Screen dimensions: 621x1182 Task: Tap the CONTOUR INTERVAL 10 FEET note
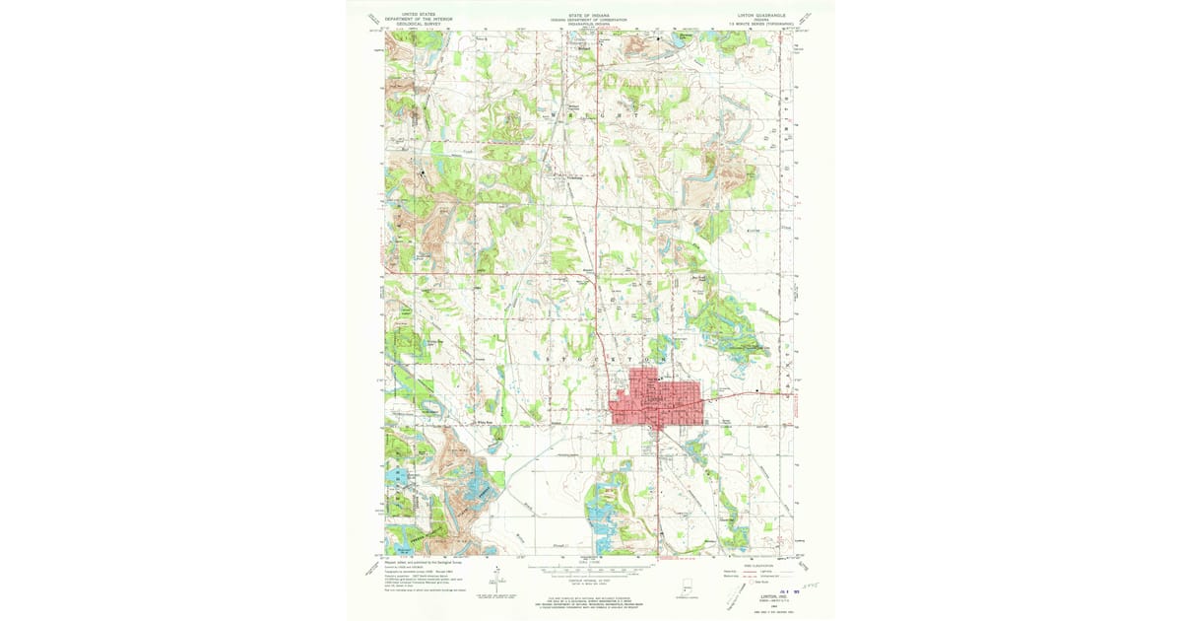pos(590,579)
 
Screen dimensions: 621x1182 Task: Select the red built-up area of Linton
pos(651,399)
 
